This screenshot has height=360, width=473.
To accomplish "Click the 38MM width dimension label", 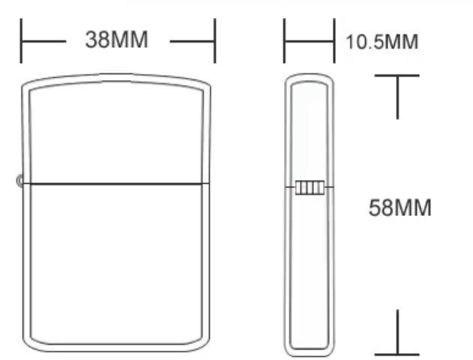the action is pos(116,40).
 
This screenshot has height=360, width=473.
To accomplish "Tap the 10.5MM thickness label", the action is pos(382,42).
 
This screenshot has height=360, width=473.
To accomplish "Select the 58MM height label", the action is pos(400,208).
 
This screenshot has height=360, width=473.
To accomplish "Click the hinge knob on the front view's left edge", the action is pos(19,181).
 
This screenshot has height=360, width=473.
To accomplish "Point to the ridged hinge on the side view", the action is pos(310,187).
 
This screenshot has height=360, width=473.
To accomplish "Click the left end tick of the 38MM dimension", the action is pos(21,40).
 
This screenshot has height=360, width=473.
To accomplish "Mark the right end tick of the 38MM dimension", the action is pos(215,40).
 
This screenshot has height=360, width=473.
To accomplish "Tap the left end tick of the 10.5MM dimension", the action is pos(284,40).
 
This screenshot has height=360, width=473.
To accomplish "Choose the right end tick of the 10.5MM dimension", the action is pos(334,40).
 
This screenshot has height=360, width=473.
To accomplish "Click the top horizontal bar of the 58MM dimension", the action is pos(397,76).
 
